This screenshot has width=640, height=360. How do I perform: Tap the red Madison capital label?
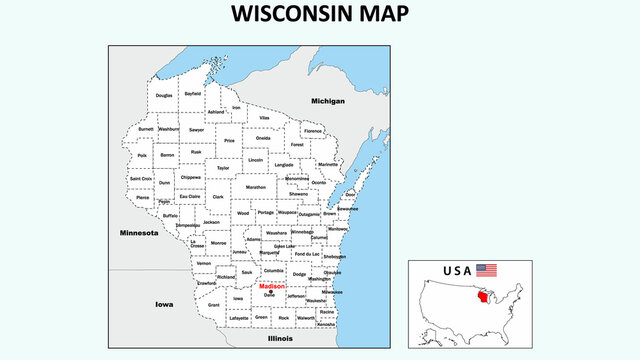click(x=271, y=286)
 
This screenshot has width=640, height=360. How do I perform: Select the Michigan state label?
click(x=327, y=101)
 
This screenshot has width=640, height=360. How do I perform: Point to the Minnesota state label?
click(x=138, y=232)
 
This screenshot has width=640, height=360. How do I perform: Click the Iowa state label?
click(x=164, y=303)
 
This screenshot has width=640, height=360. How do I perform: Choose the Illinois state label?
click(x=281, y=339)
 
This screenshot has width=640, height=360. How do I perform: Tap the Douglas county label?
click(x=164, y=95)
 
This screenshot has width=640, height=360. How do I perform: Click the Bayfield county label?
click(x=193, y=93)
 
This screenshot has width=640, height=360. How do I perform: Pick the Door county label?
click(x=350, y=195)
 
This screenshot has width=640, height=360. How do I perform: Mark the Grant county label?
click(x=214, y=304)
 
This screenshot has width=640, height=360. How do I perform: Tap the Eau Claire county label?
click(x=189, y=196)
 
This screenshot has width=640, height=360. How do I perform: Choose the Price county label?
click(x=229, y=141)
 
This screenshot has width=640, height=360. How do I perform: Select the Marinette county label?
click(x=327, y=163)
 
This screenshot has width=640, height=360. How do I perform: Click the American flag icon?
click(x=486, y=270)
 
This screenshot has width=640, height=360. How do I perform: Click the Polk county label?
click(x=142, y=155)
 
